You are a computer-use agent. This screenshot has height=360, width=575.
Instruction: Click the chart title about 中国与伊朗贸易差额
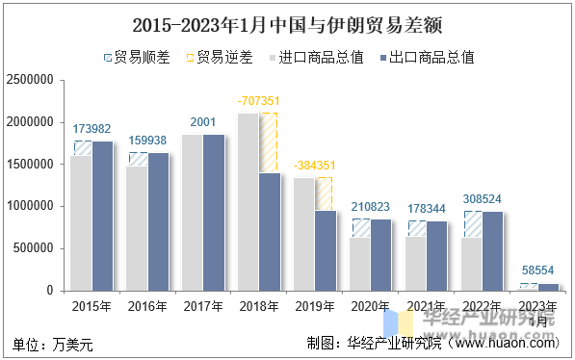pos(287,22)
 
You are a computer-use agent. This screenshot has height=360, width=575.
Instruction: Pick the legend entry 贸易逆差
pos(225,58)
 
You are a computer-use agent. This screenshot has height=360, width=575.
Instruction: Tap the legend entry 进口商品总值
pos(322,58)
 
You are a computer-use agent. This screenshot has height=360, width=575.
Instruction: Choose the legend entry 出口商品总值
pos(432,58)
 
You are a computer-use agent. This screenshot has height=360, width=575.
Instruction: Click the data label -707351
pos(258,100)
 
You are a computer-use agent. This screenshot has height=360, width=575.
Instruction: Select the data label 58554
pos(537,272)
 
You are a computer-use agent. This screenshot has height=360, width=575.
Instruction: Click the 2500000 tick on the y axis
pos(30,81)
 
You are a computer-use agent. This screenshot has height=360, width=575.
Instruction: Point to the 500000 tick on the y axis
pos(34,248)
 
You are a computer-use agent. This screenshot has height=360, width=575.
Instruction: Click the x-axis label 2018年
pos(258,306)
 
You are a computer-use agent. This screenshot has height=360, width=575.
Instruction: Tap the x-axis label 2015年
pos(91,306)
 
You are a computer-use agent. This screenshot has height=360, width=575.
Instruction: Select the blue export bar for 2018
pos(269,231)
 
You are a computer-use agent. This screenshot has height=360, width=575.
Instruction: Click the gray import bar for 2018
pos(248,201)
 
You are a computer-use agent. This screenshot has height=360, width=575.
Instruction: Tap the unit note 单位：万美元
pos(52,343)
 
